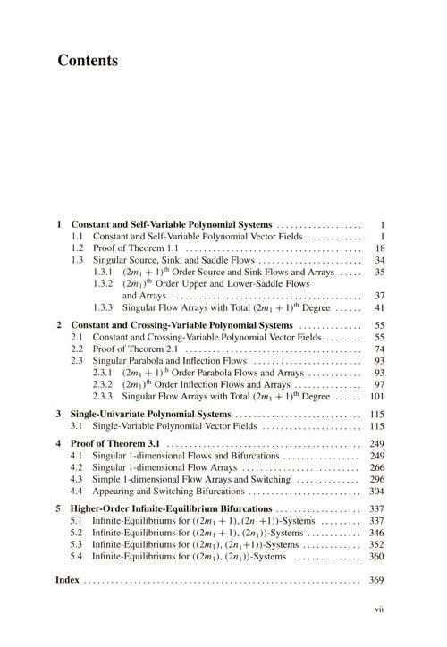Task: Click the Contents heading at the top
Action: tap(88, 62)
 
